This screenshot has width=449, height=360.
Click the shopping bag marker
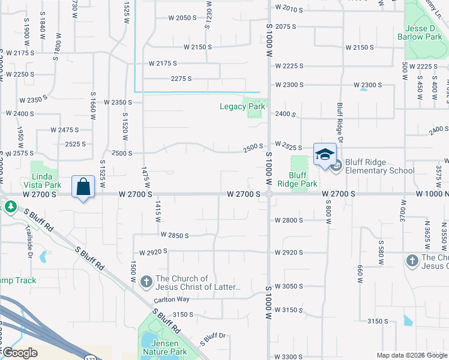tap(83, 187)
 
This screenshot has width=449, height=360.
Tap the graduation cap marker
tap(325, 154)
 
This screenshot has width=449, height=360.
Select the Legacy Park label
tap(243, 107)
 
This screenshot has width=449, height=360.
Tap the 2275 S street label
tap(181, 79)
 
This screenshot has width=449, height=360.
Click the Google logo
tap(20, 353)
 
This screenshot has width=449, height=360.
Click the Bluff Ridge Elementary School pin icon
tap(335, 166)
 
